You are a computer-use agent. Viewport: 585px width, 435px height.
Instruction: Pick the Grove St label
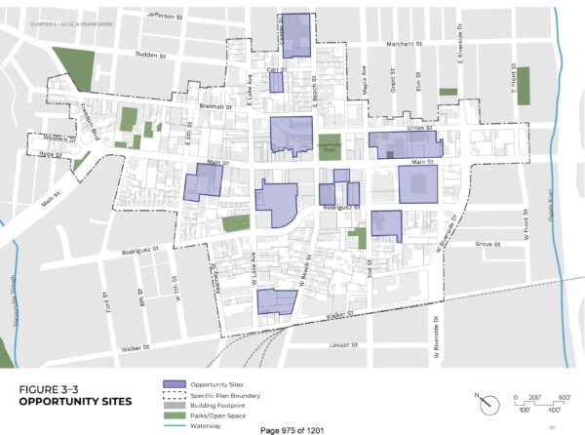coord(487,244)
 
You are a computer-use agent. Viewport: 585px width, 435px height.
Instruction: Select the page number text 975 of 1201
coord(292,429)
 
